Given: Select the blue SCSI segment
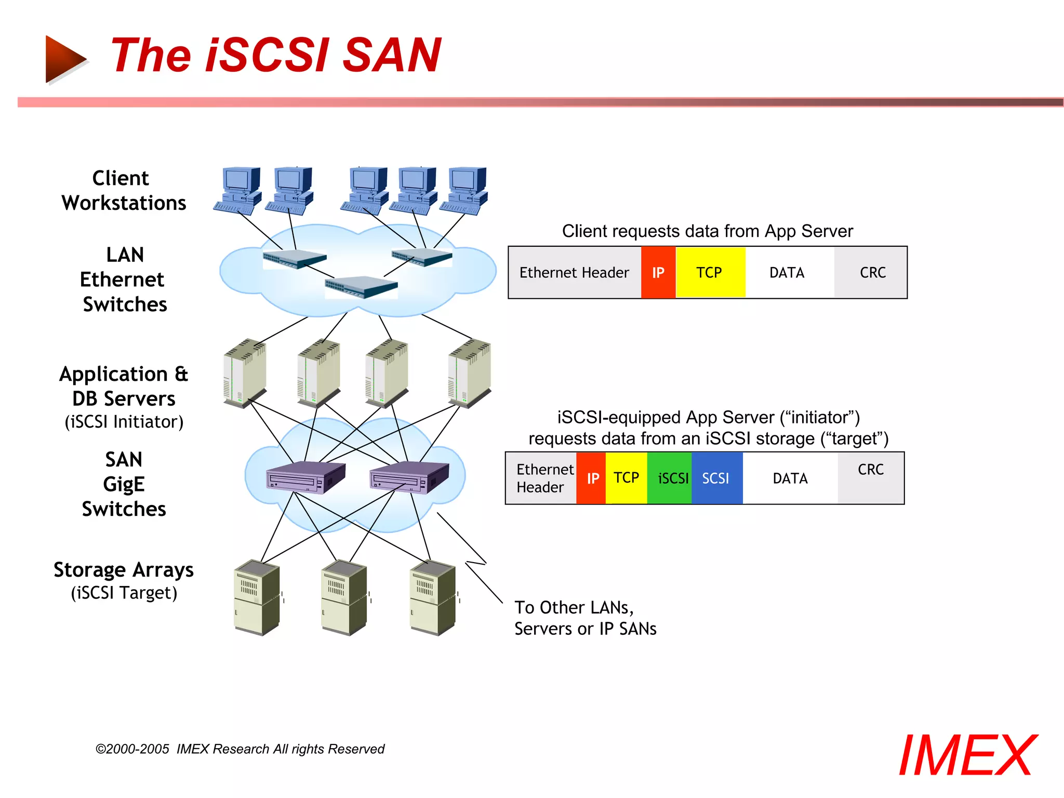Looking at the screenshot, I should [716, 478].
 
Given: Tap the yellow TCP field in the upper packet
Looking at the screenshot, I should [710, 272].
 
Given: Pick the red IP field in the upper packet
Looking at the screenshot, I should [658, 272].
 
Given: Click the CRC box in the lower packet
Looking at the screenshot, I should [871, 477].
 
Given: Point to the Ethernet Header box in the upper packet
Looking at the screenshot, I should [574, 272].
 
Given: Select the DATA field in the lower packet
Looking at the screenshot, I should [790, 478].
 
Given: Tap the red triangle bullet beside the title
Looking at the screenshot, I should [64, 59].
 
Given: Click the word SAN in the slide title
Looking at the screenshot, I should [392, 55].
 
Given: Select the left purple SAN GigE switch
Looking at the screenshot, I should [305, 477].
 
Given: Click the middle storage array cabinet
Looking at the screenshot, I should [344, 597].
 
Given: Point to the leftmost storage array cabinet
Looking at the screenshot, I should [257, 597].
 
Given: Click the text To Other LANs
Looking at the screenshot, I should [574, 607].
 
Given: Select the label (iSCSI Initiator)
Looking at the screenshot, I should [124, 422].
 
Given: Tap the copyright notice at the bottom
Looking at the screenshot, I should [240, 749].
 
